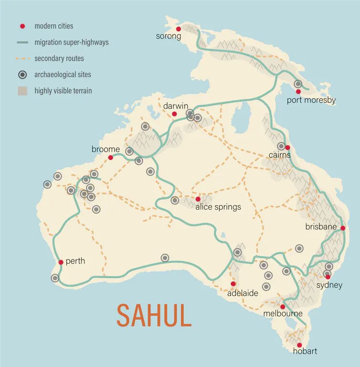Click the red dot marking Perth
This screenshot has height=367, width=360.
(x=61, y=262)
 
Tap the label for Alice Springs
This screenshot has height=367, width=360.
(x=218, y=207)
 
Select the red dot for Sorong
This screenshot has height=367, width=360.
(x=179, y=29)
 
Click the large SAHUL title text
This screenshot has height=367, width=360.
(x=154, y=315)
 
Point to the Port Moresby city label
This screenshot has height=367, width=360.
(x=311, y=100)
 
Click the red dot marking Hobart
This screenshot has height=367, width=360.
(x=299, y=345)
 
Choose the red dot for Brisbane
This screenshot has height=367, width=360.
(x=342, y=228)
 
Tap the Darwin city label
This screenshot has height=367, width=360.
(x=176, y=105)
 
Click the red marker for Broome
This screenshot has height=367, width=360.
(x=110, y=157)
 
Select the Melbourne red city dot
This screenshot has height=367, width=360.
(x=282, y=307)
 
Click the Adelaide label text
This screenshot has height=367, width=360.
(x=243, y=293)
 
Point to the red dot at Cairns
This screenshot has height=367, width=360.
(x=287, y=147)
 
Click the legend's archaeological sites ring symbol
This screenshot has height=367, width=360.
(x=22, y=75)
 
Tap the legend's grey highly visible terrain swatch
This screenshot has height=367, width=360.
(x=22, y=91)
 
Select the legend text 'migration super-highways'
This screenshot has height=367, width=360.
(x=71, y=43)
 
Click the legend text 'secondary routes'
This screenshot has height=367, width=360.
(x=59, y=59)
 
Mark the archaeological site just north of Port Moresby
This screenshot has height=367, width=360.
(x=298, y=84)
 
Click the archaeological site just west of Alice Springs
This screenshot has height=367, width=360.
(x=175, y=200)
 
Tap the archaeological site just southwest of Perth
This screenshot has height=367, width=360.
(x=55, y=278)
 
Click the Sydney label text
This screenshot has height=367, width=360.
(x=329, y=285)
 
